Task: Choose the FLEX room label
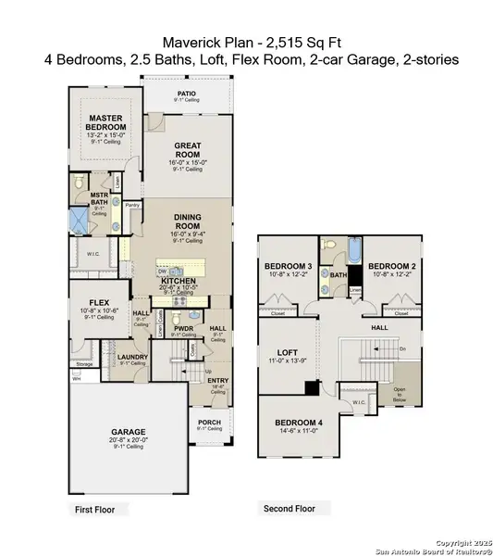click(96, 301)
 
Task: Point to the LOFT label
click(288, 352)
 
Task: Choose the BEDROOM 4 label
click(298, 423)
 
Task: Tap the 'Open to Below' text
click(400, 392)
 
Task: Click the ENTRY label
click(217, 380)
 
